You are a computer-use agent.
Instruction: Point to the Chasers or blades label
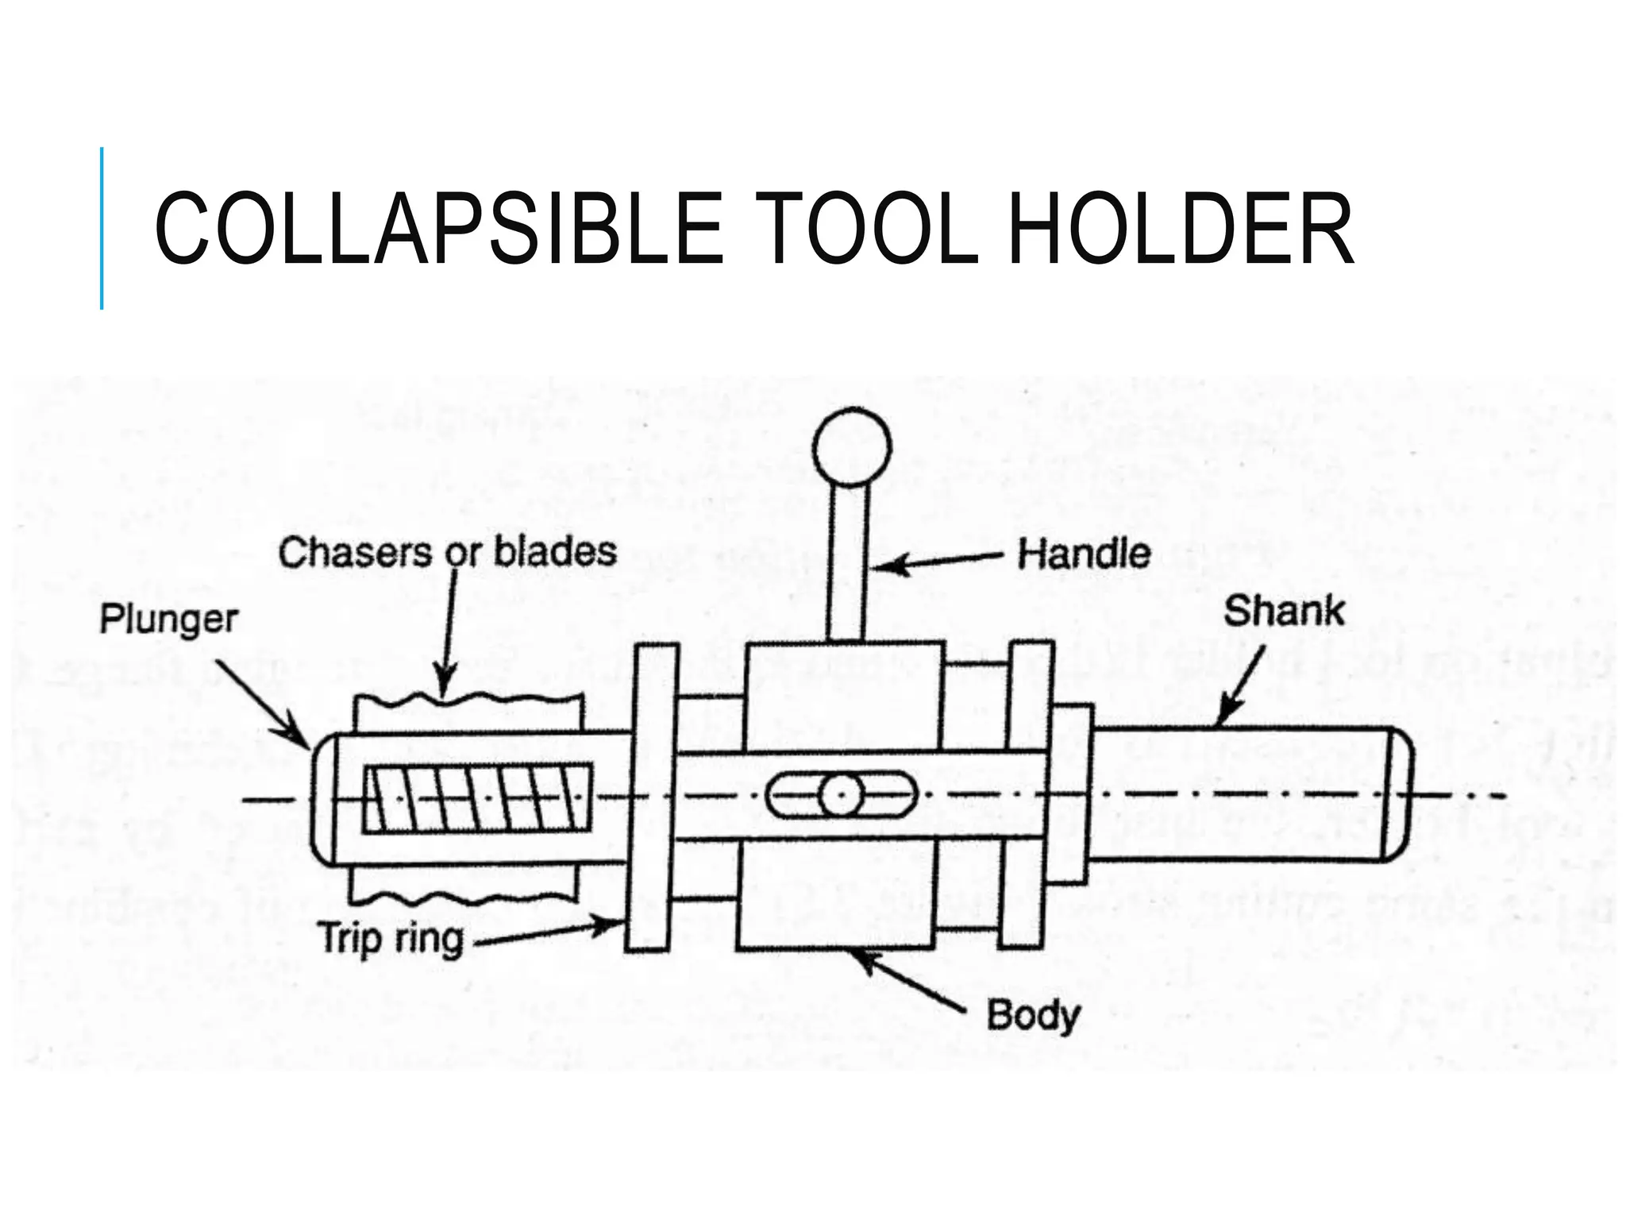(447, 553)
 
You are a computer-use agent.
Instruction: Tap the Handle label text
(1084, 554)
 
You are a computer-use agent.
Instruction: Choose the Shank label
(1284, 612)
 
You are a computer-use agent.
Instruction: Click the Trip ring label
(391, 939)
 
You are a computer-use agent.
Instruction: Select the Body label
(1033, 1016)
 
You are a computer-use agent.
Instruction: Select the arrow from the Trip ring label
(548, 933)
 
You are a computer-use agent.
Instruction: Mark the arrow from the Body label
(909, 982)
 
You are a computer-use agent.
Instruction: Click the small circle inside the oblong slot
(841, 795)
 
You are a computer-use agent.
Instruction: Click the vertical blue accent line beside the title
(102, 228)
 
